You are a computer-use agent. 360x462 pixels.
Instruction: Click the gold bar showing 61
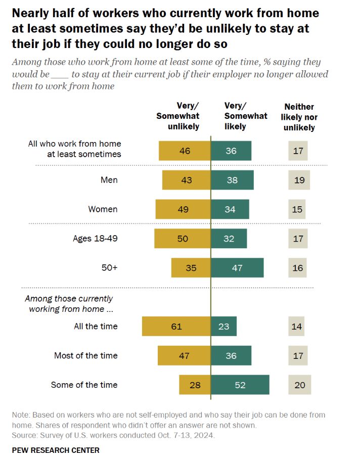click(x=176, y=327)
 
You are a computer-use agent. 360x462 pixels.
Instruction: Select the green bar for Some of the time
click(x=240, y=385)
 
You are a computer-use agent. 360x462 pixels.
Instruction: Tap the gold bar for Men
click(x=186, y=180)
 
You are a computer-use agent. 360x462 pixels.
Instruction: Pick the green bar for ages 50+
click(x=237, y=268)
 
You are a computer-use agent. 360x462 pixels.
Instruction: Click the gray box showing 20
click(x=300, y=385)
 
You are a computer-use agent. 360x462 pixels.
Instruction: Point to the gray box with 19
click(x=299, y=180)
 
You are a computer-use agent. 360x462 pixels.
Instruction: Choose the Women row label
click(x=103, y=209)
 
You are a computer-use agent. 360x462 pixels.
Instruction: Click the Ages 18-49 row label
click(x=95, y=238)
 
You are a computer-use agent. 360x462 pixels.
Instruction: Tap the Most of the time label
click(x=86, y=355)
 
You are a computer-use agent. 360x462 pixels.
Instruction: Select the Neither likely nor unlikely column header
click(x=299, y=117)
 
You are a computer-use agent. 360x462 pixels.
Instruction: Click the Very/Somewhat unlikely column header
click(x=177, y=116)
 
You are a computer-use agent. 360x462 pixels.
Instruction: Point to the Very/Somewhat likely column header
click(x=246, y=116)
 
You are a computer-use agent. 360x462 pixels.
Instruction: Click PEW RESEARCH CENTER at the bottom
click(x=56, y=450)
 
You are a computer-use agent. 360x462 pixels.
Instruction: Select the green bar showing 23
click(x=223, y=327)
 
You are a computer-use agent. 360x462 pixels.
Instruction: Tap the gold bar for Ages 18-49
click(x=182, y=239)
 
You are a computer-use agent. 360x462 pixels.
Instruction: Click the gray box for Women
click(x=298, y=209)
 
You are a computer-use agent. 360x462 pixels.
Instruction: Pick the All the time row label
click(x=96, y=327)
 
